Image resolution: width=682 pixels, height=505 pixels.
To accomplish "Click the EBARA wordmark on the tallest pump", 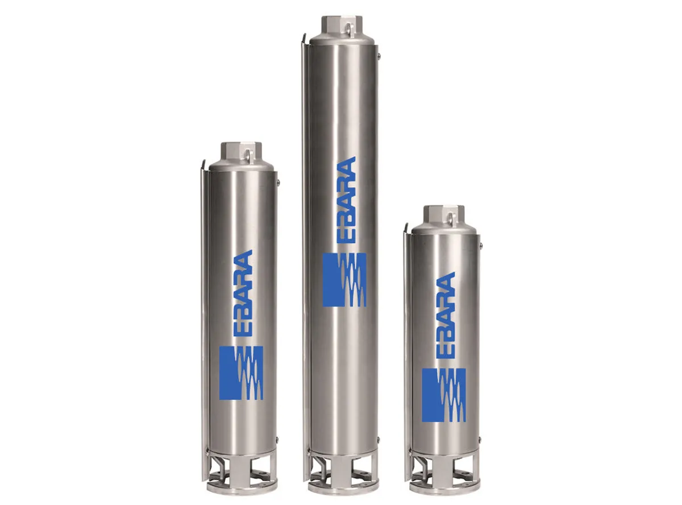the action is coord(346,200).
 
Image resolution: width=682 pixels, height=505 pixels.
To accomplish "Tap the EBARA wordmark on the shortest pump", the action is coord(446,315).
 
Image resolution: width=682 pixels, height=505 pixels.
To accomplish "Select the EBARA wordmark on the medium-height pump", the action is coord(243,293).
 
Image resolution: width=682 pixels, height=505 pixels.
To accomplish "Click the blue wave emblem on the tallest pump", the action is coord(344,279).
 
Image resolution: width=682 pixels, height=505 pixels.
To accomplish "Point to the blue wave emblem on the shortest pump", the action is coord(444,395).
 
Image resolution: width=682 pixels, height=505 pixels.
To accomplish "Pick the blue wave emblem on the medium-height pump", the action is coord(241,372).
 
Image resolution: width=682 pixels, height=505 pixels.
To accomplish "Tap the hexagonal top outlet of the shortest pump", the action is coord(444,214).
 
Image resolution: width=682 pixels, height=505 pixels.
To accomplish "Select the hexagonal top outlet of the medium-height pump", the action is coord(242,151).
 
